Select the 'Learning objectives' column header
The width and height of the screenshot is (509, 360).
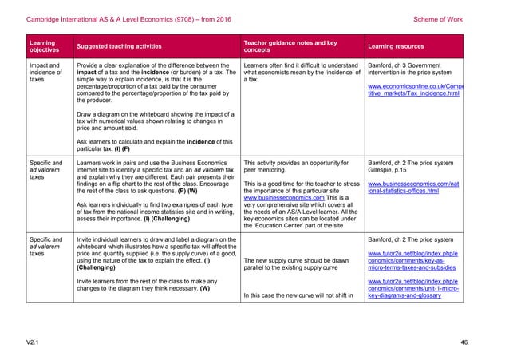(42, 44)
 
